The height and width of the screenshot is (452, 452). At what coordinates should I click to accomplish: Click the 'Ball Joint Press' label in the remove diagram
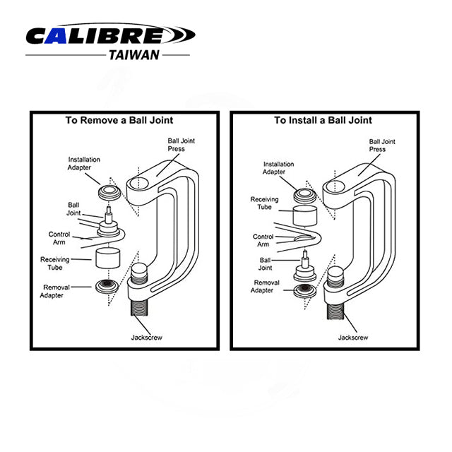[182, 145]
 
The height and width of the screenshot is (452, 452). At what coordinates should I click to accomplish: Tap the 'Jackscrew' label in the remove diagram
[147, 338]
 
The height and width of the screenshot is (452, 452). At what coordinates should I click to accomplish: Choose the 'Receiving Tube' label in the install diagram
[264, 204]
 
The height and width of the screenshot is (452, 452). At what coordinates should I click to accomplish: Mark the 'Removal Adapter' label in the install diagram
[267, 287]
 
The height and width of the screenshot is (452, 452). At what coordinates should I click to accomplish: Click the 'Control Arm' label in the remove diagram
[59, 238]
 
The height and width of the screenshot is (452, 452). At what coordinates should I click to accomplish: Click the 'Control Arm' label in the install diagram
[263, 241]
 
